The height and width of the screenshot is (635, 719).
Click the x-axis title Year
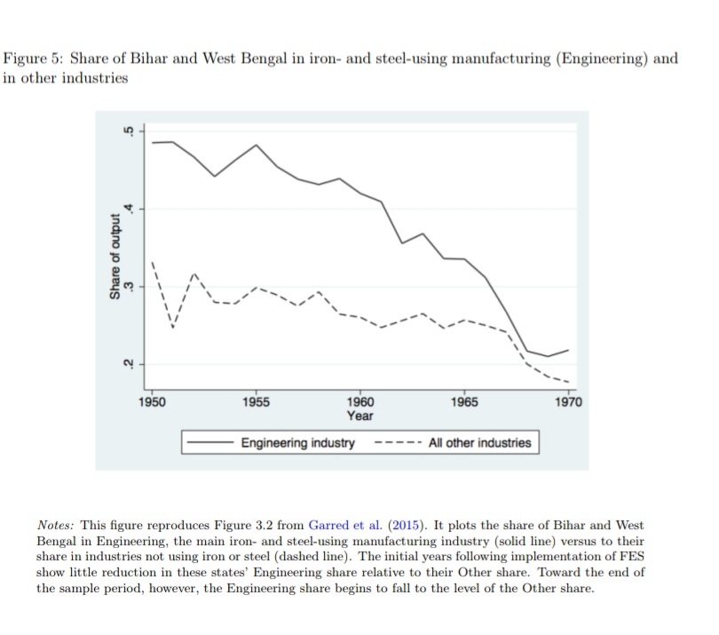click(x=360, y=416)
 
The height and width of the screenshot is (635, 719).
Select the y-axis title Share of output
click(x=113, y=257)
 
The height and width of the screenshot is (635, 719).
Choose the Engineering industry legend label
click(x=298, y=442)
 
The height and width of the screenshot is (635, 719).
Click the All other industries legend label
click(x=479, y=442)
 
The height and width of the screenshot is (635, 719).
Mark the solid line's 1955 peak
click(x=257, y=145)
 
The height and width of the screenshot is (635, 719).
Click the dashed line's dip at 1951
click(x=173, y=327)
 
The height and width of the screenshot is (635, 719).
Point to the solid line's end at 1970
click(x=568, y=351)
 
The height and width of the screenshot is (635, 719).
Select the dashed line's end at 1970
click(x=568, y=382)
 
